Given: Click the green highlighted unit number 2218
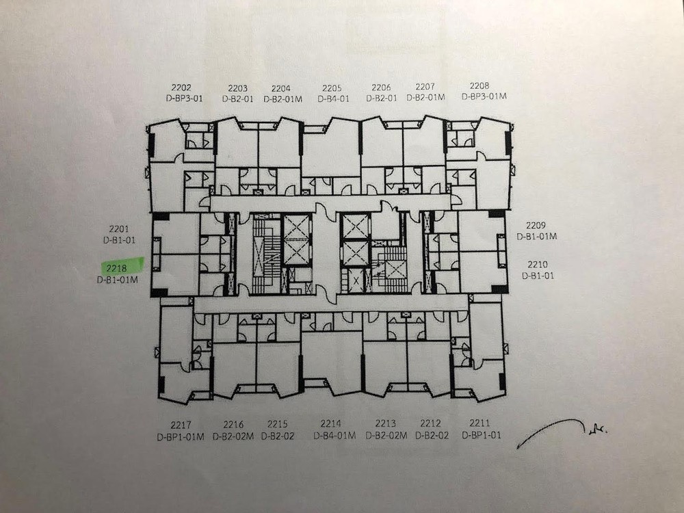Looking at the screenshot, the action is point(116,268).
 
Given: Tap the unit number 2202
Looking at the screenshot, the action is point(181,88).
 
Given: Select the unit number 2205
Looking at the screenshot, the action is point(332,88).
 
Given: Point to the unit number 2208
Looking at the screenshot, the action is point(479,86).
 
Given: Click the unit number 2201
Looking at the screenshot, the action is point(119,229).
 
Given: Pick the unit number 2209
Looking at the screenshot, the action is point(536,226).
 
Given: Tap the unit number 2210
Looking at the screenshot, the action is point(538,265).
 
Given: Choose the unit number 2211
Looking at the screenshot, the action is point(480,423).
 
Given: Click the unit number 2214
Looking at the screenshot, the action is point(330,423).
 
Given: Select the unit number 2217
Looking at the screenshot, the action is point(181,425).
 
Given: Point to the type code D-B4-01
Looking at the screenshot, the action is point(333,99).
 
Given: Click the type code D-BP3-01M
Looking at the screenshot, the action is point(484,96).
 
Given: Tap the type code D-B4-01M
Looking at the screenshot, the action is point(334,435).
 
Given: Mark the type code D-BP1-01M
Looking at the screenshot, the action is point(181,436).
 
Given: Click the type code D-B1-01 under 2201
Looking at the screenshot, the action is point(119,240).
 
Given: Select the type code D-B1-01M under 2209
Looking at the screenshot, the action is point(537,237).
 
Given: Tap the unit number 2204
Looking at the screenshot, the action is point(281,88).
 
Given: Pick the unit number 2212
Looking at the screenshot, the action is point(430,423).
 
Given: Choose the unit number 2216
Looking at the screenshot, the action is point(233,425).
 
